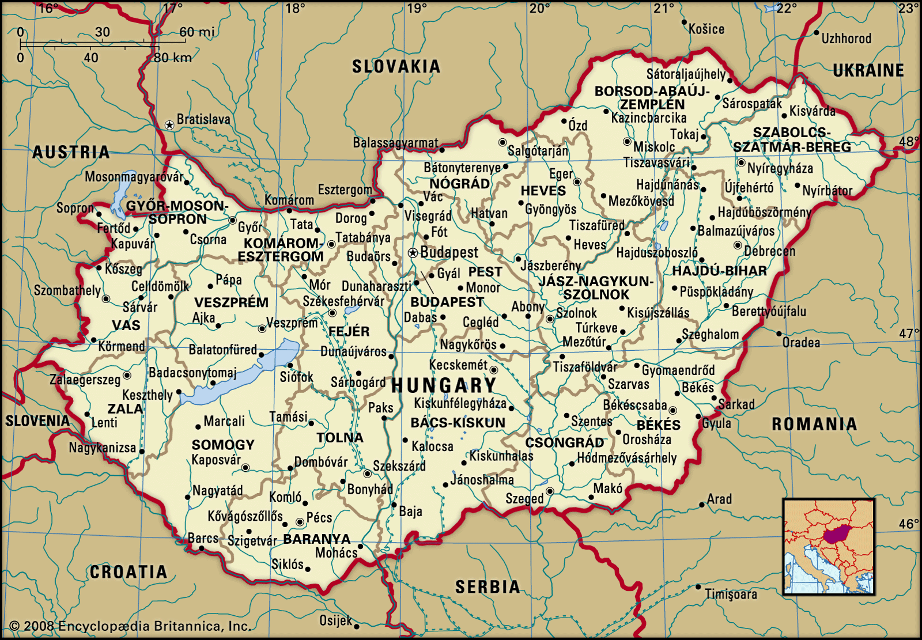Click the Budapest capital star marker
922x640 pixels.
pyautogui.click(x=413, y=253)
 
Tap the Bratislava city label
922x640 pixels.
pyautogui.click(x=203, y=120)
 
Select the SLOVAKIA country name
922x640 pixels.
pyautogui.click(x=396, y=67)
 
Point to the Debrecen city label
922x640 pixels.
pyautogui.click(x=769, y=252)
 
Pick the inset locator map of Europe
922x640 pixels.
pyautogui.click(x=829, y=547)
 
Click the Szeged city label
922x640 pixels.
pyautogui.click(x=524, y=499)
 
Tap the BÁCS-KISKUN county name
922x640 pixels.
pyautogui.click(x=458, y=423)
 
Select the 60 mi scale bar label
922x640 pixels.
pyautogui.click(x=197, y=32)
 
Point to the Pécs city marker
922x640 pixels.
pyautogui.click(x=300, y=522)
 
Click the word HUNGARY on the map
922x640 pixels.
pyautogui.click(x=444, y=385)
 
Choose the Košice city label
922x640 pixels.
pyautogui.click(x=706, y=29)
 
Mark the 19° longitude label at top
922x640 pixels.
pyautogui.click(x=417, y=9)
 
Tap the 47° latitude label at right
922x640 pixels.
pyautogui.click(x=909, y=334)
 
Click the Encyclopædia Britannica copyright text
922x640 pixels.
pyautogui.click(x=130, y=626)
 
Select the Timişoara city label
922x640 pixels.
pyautogui.click(x=731, y=594)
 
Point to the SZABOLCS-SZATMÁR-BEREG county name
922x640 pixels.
pyautogui.click(x=792, y=140)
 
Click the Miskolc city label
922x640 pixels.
pyautogui.click(x=654, y=147)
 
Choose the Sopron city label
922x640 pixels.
pyautogui.click(x=75, y=208)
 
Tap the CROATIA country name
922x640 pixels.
pyautogui.click(x=129, y=572)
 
